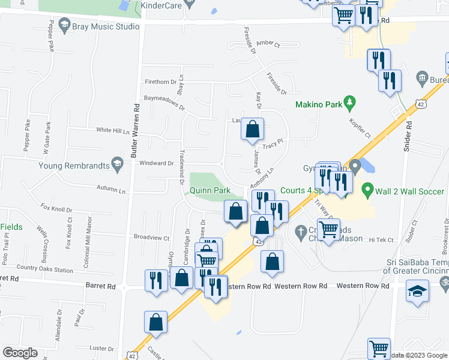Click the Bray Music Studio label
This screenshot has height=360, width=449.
pyautogui.click(x=105, y=27)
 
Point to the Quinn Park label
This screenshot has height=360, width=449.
pyautogui.click(x=211, y=191)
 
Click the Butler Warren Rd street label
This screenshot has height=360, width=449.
pyautogui.click(x=136, y=127)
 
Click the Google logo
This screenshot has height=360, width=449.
pyautogui.click(x=20, y=353)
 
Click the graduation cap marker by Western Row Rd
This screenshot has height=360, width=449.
pyautogui.click(x=417, y=292)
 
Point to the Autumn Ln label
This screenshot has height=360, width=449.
pyautogui.click(x=113, y=190)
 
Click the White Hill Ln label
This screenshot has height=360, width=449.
pyautogui.click(x=113, y=130)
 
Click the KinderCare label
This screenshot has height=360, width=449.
pyautogui.click(x=160, y=5)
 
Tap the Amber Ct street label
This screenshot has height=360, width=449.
pyautogui.click(x=268, y=44)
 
